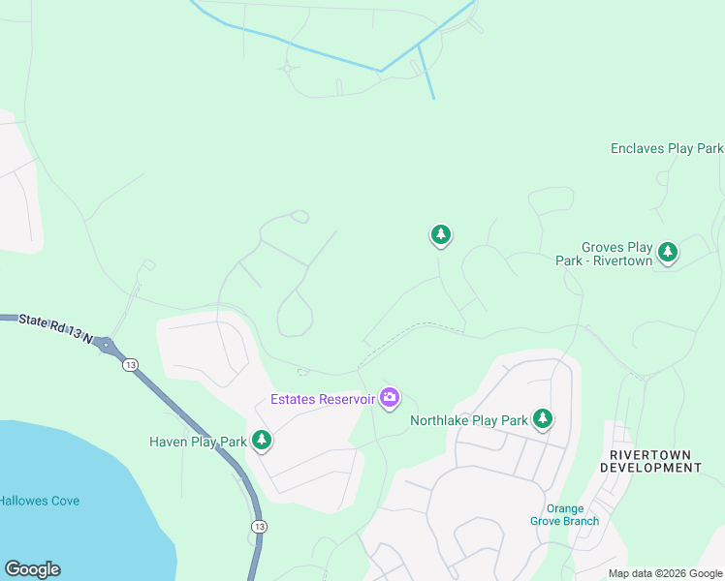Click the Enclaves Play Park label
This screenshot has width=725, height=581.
point(667,148)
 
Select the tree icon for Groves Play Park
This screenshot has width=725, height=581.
point(667,253)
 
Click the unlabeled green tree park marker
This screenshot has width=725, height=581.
point(441,234)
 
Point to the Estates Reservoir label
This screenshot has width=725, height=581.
point(322,399)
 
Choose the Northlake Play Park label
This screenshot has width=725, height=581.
point(468,420)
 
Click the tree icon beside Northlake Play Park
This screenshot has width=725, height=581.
point(543,418)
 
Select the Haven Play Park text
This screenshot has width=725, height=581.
point(198,442)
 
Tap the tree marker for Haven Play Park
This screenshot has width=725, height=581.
point(261,441)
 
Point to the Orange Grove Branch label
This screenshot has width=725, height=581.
point(564,514)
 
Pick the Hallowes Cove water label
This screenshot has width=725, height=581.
point(40,501)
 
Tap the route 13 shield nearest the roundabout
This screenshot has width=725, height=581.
point(129,364)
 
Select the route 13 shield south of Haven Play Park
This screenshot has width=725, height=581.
point(258,526)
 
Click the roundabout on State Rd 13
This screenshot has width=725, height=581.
point(106,345)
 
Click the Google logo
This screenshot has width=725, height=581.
point(32,569)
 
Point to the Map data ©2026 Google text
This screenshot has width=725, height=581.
point(665,573)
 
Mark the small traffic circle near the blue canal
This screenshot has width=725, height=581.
point(287,69)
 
